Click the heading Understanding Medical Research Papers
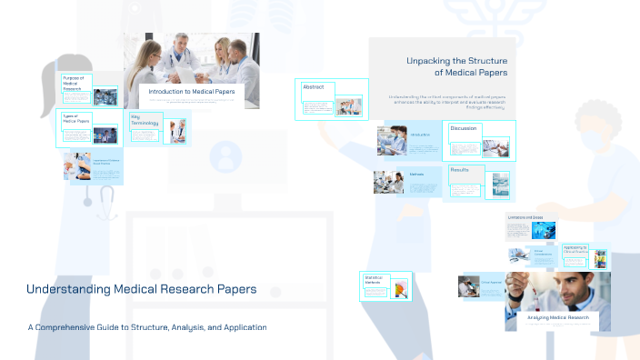(141, 290)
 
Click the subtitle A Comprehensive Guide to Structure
(146, 327)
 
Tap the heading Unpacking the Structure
(456, 66)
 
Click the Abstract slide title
(314, 87)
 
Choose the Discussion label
(464, 128)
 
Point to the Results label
(460, 170)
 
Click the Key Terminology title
(145, 120)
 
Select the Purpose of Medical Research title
(75, 84)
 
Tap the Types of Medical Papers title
(75, 119)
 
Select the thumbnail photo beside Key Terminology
(175, 132)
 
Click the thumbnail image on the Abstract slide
(348, 107)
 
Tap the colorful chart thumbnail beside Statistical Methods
(399, 289)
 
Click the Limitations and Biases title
(525, 218)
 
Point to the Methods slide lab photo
(388, 181)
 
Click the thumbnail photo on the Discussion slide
(495, 147)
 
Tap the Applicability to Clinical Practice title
(575, 248)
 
